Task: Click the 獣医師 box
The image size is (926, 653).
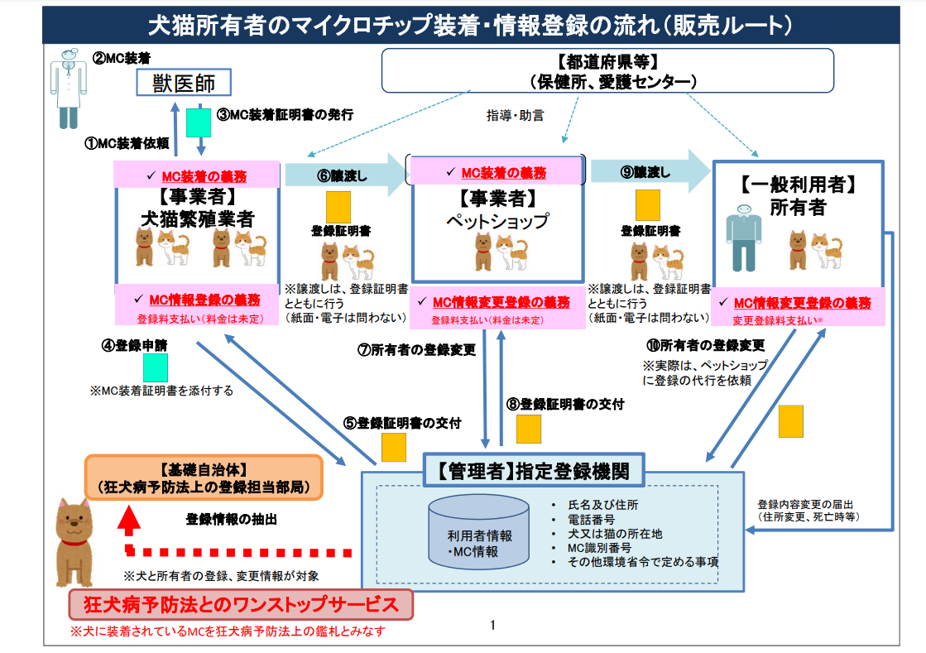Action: [183, 83]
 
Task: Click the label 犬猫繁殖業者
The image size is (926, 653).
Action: [197, 218]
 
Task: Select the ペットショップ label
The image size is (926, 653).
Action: [497, 221]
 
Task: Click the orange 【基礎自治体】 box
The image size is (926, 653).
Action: [204, 478]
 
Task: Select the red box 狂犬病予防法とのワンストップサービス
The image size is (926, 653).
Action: [240, 604]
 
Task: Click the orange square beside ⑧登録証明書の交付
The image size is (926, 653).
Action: [528, 428]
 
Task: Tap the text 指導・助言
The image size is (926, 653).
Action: [515, 116]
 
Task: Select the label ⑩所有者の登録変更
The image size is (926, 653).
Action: [705, 344]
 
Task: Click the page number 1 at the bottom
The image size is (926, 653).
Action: [492, 625]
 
